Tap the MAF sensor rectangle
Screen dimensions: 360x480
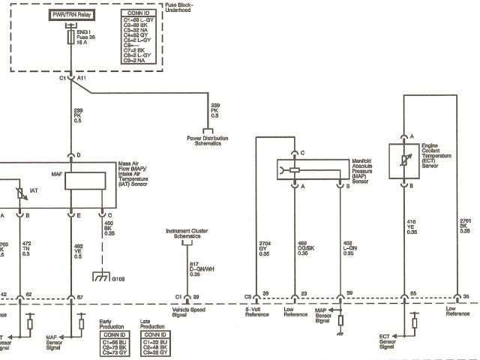[x=86, y=180]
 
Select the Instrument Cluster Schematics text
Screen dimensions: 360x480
[x=186, y=233]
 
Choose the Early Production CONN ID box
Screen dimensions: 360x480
[x=118, y=340]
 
